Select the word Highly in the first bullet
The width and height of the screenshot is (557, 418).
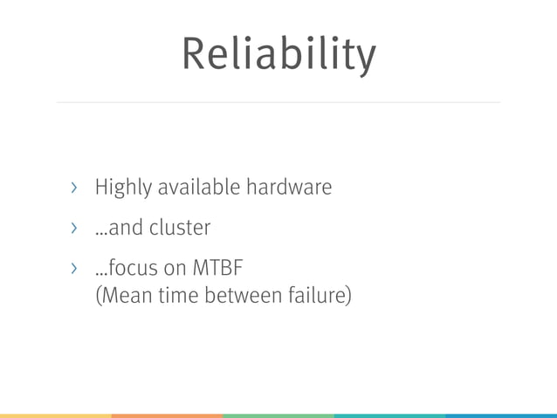click(x=123, y=188)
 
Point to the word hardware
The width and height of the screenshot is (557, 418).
click(x=289, y=187)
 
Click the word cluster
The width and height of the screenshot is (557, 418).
click(x=180, y=228)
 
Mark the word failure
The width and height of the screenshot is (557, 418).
click(x=317, y=297)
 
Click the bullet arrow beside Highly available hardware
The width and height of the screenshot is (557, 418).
click(x=74, y=188)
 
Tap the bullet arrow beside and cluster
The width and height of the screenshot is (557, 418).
click(x=74, y=229)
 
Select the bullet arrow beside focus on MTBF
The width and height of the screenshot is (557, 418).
click(x=74, y=269)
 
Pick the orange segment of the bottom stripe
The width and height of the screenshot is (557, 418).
click(x=167, y=415)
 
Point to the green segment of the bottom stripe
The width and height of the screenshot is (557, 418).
click(x=278, y=415)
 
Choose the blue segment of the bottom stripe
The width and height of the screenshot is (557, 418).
click(x=501, y=415)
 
